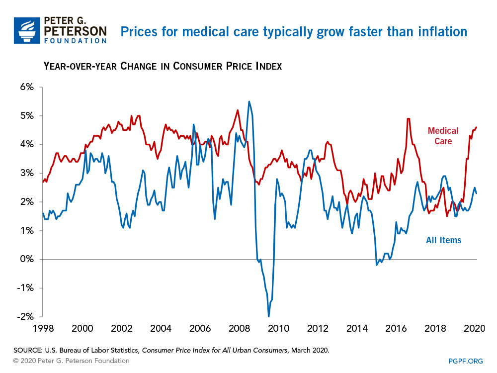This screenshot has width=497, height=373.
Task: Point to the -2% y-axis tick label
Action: (x=25, y=317)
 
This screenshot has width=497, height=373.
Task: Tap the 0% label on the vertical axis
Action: (x=27, y=259)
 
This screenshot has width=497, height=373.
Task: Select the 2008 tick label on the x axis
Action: (x=239, y=329)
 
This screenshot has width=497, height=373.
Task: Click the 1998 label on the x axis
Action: (x=43, y=329)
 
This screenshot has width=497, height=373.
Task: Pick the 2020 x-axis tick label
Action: (x=474, y=329)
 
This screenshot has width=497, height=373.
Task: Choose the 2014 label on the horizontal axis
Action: (x=357, y=329)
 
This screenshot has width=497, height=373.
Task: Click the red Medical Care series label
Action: (x=443, y=136)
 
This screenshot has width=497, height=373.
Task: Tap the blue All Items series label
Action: (x=443, y=241)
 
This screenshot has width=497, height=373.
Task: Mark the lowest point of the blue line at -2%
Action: (x=269, y=316)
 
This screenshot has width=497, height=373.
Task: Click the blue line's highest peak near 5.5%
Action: (x=249, y=101)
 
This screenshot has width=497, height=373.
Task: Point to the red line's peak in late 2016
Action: (x=408, y=118)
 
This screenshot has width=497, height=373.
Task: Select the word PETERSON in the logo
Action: (x=75, y=31)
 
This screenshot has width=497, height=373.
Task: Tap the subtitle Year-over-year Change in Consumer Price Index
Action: (x=163, y=66)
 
